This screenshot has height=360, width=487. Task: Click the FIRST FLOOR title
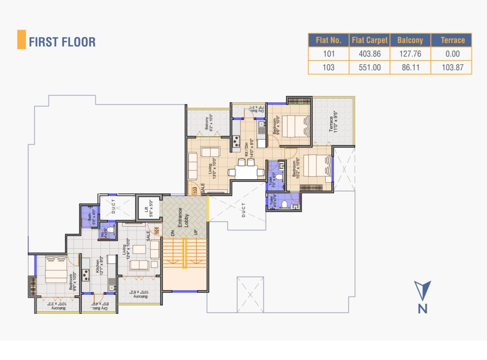[62, 42]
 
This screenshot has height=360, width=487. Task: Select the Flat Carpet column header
[370, 40]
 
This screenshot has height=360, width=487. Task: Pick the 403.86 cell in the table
[370, 54]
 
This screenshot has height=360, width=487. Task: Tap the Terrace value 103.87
[452, 67]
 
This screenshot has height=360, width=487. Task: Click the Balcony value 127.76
[410, 54]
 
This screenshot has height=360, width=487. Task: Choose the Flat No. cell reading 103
[328, 67]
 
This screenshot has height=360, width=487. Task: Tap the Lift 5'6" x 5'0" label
[149, 209]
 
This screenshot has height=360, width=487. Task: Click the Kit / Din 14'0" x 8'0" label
[249, 148]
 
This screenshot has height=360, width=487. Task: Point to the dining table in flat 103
[246, 171]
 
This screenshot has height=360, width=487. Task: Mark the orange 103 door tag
[195, 190]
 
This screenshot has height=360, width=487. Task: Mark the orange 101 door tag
[156, 231]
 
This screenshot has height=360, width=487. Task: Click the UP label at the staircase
[196, 232]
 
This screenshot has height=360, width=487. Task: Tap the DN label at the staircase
[173, 233]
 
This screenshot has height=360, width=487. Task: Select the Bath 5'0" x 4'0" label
[92, 217]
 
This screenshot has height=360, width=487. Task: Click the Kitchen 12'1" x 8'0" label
[99, 266]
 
